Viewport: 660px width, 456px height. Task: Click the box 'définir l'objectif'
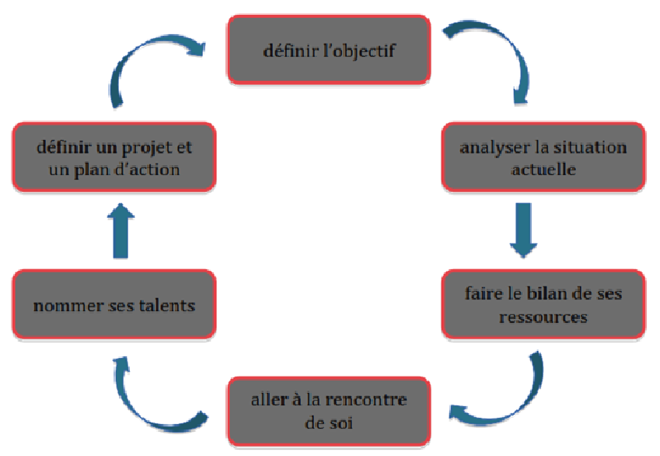329,49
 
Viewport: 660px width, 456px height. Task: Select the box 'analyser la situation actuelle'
543,156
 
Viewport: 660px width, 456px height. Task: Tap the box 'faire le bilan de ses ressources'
543,304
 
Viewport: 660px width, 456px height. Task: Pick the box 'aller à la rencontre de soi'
329,412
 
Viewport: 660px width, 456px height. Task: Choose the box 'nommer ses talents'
114,304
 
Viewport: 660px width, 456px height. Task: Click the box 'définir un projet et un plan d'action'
114,156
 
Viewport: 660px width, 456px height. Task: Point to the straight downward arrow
523,230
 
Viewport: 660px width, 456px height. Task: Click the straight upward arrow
120,230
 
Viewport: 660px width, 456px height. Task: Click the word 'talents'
167,305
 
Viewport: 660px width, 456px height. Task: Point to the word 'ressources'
543,317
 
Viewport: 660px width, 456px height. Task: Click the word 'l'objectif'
359,51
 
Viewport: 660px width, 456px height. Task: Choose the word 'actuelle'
543,169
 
